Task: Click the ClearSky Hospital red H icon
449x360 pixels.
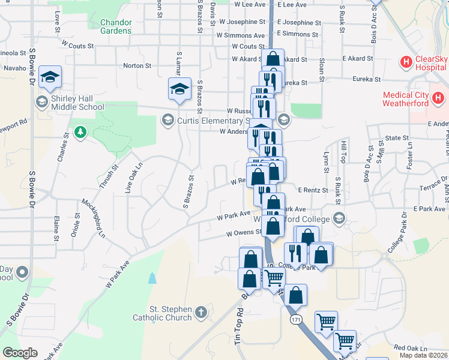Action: click(406, 61)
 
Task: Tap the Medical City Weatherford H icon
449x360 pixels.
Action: click(438, 98)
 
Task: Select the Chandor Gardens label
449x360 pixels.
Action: click(112, 26)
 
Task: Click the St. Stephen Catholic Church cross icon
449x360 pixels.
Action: click(201, 312)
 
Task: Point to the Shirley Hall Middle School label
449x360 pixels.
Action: click(77, 103)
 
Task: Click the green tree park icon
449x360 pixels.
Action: click(79, 131)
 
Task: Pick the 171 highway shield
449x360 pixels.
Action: click(295, 320)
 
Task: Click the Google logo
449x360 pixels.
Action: click(20, 353)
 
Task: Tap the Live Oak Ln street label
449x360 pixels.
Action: click(134, 176)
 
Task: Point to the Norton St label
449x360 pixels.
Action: click(134, 65)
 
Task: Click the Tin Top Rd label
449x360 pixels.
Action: click(238, 326)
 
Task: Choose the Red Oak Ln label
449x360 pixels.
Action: click(410, 348)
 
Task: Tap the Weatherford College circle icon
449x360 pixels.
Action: click(340, 217)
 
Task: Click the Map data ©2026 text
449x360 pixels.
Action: click(424, 355)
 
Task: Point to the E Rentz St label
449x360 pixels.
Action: click(312, 190)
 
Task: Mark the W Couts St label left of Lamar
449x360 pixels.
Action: click(77, 45)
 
